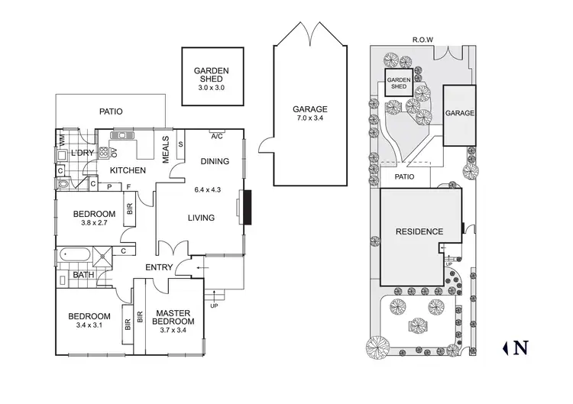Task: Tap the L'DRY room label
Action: pos(82,153)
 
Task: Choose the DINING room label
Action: pos(215,162)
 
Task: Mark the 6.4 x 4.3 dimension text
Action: pos(209,189)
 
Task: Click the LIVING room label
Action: pos(201,218)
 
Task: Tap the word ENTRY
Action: pos(159,267)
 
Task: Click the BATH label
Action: pos(83,275)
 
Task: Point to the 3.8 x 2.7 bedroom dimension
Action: pos(94,225)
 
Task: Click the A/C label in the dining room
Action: pos(216,137)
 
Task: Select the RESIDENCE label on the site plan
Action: pos(419,231)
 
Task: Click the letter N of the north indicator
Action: pos(521,348)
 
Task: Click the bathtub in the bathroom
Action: pos(77,254)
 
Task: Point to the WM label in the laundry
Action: pos(62,140)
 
